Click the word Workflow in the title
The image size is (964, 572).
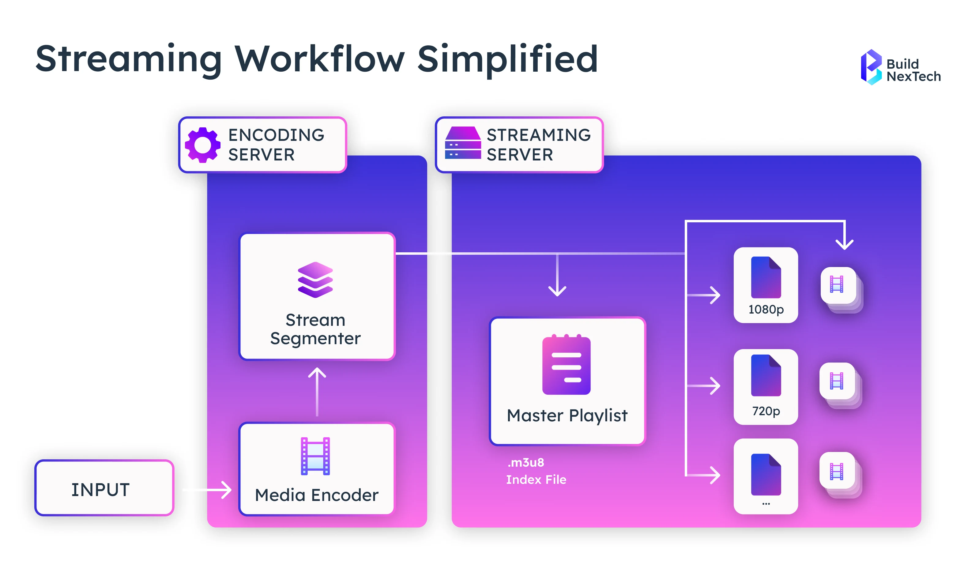click(320, 59)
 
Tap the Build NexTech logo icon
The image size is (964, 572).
click(871, 67)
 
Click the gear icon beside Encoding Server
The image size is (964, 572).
click(203, 145)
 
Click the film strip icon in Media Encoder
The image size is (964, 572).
click(315, 456)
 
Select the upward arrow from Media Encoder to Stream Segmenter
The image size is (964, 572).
click(317, 391)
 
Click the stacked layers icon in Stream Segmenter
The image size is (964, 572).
click(315, 280)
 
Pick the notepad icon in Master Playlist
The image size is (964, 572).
click(566, 365)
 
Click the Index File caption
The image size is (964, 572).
click(536, 480)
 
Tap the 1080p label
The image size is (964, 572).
click(766, 310)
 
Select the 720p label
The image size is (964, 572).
click(766, 411)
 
